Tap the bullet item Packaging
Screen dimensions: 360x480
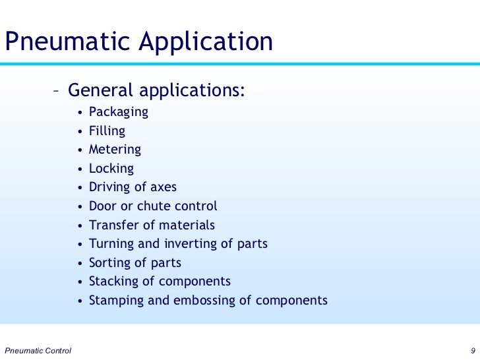119,112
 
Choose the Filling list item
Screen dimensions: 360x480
107,131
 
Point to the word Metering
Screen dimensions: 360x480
115,150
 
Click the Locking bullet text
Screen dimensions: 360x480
111,169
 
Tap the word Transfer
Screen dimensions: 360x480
111,225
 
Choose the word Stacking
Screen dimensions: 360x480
113,282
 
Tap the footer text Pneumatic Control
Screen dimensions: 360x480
38,349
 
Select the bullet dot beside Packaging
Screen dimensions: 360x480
80,113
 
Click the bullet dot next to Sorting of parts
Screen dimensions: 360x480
80,263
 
